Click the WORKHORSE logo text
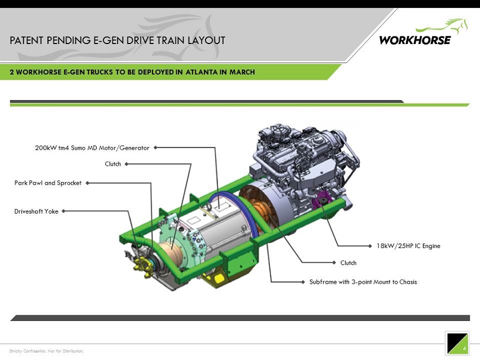(415, 40)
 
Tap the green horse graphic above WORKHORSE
(442, 27)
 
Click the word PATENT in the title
(27, 41)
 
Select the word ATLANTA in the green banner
(202, 72)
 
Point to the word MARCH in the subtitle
(242, 72)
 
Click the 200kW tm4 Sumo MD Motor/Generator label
(92, 148)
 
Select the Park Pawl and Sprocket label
(48, 183)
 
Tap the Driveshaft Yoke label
(36, 211)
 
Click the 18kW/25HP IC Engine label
(408, 246)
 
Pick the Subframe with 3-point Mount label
(363, 282)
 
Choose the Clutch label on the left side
(113, 164)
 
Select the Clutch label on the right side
(348, 263)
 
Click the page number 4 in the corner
(464, 348)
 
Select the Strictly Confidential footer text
(46, 351)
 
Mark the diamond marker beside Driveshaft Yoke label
(63, 211)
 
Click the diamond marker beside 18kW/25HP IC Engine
(370, 246)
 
